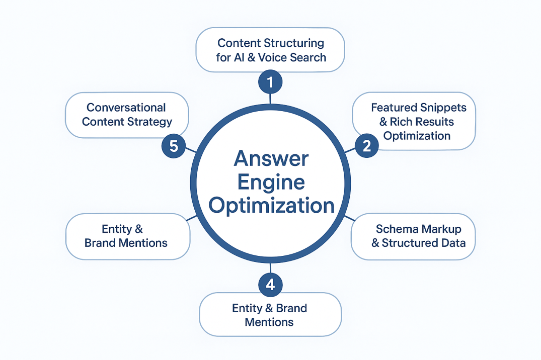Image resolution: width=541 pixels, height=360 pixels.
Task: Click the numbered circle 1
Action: (x=270, y=82)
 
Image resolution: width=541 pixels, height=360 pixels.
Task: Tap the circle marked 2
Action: (x=366, y=146)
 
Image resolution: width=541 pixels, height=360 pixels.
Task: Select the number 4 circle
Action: (x=270, y=285)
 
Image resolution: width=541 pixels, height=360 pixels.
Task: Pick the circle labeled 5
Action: (x=174, y=146)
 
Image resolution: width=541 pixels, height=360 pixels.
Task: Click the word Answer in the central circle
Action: (x=271, y=159)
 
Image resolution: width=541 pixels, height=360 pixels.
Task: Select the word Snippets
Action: (x=443, y=108)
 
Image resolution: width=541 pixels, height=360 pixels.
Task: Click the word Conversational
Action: (x=126, y=108)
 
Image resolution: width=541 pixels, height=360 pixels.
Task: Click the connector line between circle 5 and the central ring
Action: (x=191, y=150)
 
